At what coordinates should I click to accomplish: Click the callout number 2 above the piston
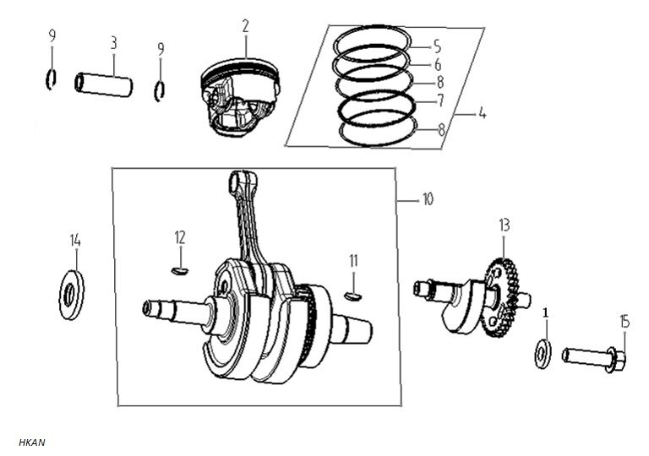coord(245,26)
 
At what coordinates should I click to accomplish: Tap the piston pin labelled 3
coord(104,84)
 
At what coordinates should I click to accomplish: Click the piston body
coord(239,95)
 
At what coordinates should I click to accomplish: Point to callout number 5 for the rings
coord(437,45)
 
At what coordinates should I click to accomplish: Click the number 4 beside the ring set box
coord(482,113)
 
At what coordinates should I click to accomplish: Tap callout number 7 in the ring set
coord(440,100)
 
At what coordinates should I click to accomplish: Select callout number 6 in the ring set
coord(438,64)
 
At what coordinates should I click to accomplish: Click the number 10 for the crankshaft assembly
coord(428,200)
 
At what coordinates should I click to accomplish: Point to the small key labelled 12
coord(179,271)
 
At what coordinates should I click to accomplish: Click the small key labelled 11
coord(354,296)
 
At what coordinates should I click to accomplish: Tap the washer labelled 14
coord(72,295)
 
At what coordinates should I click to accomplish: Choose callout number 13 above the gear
coord(504,225)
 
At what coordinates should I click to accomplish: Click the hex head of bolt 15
coord(617,361)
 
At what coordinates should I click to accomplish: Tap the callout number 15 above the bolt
coord(624,321)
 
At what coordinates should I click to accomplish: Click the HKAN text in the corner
coord(31,442)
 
